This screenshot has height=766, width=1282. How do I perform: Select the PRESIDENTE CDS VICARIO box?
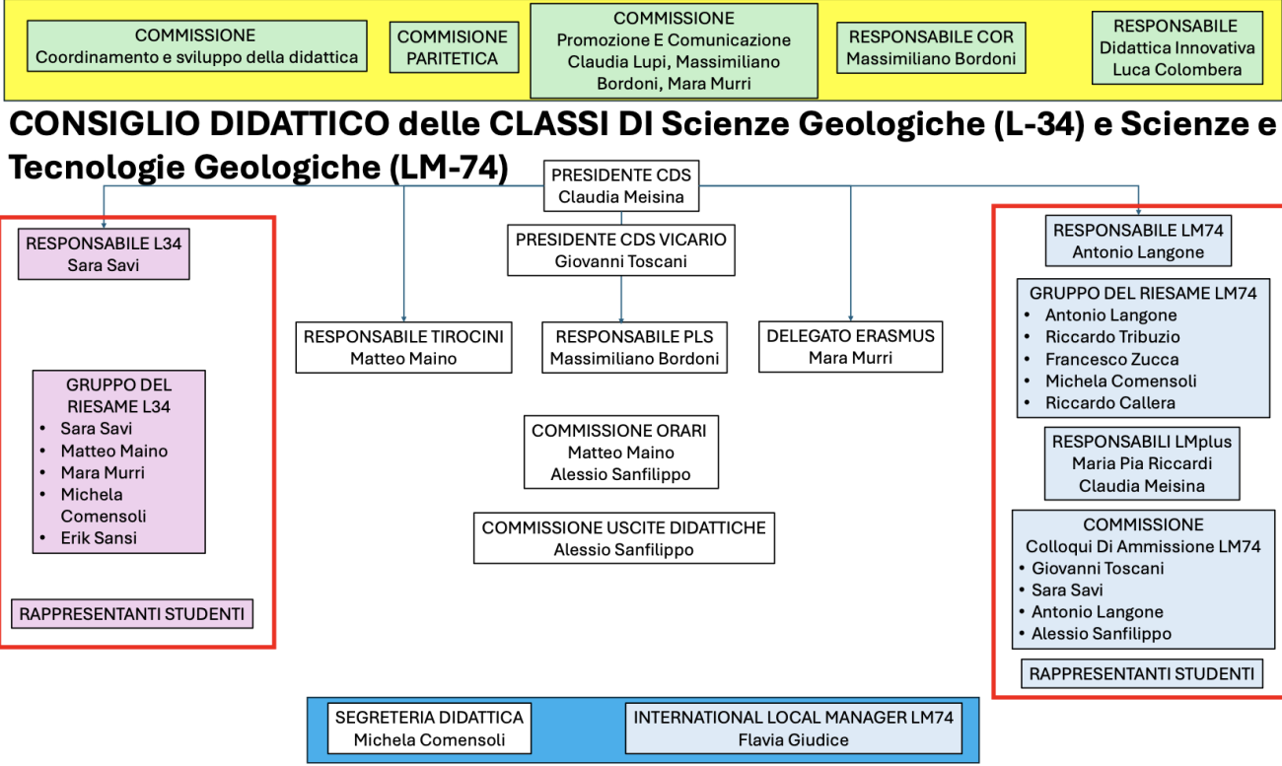click(621, 250)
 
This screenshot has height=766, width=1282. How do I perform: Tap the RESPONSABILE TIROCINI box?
click(403, 347)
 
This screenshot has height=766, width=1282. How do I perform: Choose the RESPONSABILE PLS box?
click(634, 347)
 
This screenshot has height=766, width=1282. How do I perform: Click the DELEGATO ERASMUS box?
click(850, 346)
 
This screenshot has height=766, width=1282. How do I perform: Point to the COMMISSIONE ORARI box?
click(621, 452)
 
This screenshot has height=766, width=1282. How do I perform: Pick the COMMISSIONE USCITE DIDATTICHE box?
click(623, 538)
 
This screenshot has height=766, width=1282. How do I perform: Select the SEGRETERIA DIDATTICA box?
click(429, 729)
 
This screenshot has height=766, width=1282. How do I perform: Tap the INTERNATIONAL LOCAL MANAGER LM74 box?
click(794, 729)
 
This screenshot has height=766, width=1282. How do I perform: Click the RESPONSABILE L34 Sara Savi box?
click(104, 253)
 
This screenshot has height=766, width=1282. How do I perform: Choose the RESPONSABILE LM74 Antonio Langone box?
click(1138, 242)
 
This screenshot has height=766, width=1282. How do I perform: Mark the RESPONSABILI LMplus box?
click(1143, 463)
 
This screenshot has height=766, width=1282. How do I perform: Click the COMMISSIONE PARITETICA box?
click(453, 47)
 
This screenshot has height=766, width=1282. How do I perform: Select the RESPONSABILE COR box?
click(931, 47)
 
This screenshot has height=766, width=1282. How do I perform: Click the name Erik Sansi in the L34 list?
click(99, 538)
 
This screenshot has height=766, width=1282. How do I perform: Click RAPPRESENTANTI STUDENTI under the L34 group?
click(132, 614)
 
